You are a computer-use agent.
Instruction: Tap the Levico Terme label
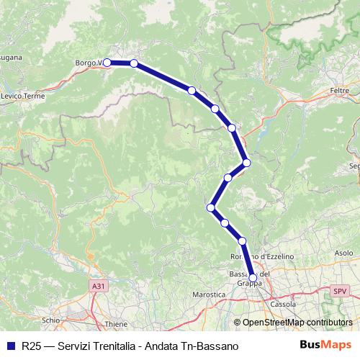pos(24,96)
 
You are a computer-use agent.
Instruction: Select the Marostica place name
pos(210,294)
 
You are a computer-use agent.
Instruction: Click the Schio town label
pos(50,319)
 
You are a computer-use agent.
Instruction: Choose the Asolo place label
pos(344,253)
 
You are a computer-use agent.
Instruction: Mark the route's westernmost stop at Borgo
pos(107,63)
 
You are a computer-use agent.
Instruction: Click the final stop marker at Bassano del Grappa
pos(253,277)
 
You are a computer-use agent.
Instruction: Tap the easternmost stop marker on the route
pos(247,163)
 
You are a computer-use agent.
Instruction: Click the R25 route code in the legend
pos(30,346)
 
